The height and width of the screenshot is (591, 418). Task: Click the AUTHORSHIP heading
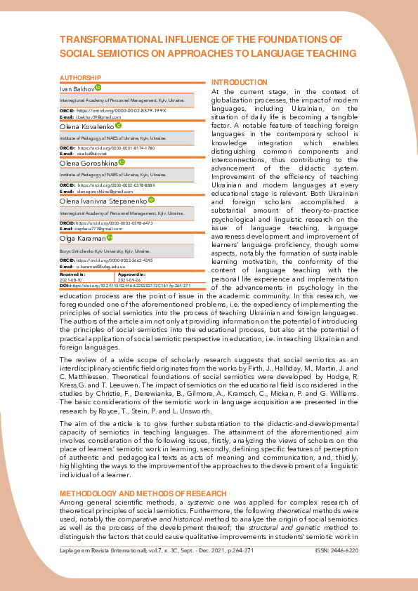(80, 77)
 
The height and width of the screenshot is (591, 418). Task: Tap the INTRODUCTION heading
(239, 82)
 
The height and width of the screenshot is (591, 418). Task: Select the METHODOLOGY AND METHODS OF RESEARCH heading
(143, 493)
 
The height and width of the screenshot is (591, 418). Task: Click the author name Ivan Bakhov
(76, 88)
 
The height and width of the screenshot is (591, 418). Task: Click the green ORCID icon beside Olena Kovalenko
(119, 126)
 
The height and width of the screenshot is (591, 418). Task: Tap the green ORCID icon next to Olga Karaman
(109, 238)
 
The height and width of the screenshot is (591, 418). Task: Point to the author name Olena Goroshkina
(89, 164)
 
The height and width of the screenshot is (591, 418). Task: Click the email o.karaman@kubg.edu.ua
(100, 267)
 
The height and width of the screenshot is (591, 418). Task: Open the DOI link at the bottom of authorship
(130, 286)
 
